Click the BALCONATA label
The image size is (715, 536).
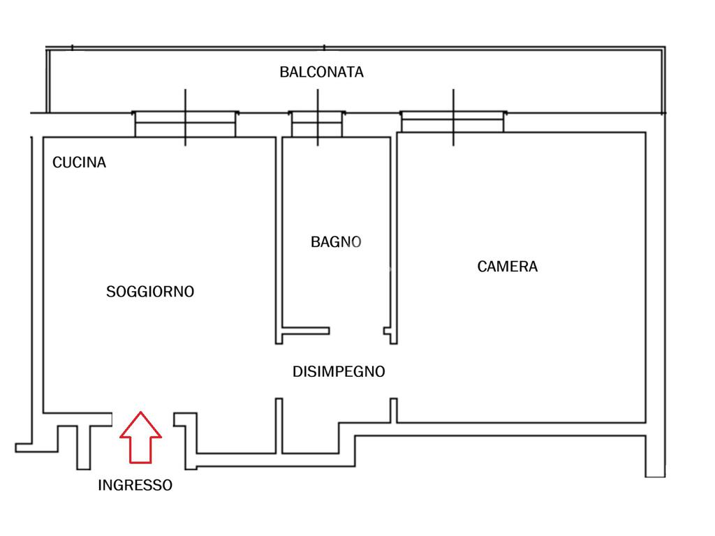321,72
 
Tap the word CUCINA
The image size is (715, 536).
80,163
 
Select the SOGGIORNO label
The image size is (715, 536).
150,292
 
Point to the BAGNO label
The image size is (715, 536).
336,242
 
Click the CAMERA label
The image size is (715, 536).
508,266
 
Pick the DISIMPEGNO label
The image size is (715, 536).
339,372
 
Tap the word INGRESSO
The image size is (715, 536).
135,485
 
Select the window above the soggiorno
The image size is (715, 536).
185,124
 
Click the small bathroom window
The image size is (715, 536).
318,124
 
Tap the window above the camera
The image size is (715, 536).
453,121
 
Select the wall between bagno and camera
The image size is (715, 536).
393,230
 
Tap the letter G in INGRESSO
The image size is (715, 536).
119,485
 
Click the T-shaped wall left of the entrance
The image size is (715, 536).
82,443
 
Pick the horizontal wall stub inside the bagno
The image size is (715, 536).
305,331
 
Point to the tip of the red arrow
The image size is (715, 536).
140,413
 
